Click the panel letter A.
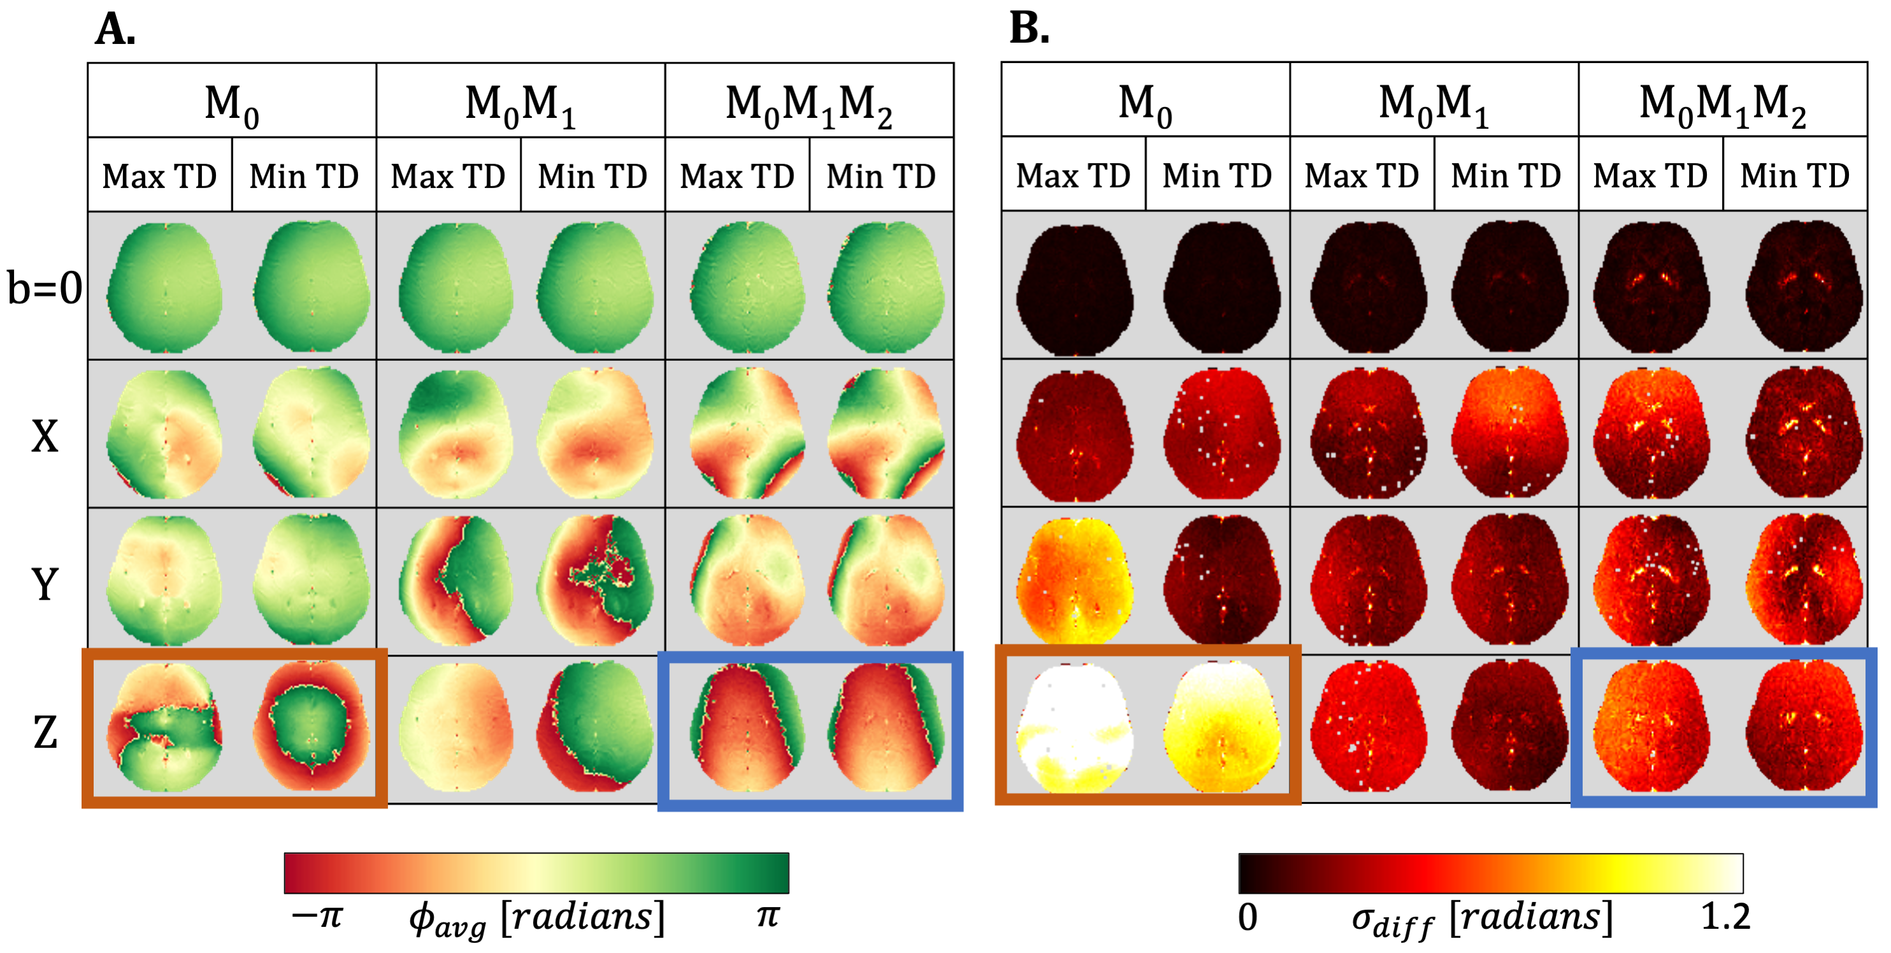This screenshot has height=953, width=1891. point(115,29)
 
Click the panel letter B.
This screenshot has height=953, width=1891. point(1028,29)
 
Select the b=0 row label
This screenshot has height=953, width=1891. point(44,287)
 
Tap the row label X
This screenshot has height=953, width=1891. point(44,436)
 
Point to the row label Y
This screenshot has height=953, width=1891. point(44,585)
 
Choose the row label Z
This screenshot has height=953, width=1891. point(44,732)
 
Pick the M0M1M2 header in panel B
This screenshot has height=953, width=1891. point(1722,103)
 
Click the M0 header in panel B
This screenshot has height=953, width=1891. point(1144,103)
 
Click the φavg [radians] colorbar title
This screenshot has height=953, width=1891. point(536,919)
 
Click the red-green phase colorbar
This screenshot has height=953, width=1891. point(536,872)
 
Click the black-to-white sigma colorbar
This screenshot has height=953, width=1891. point(1490,873)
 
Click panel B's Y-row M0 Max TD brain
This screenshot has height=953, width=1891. point(1074,580)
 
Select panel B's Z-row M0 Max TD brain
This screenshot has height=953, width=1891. point(1074,727)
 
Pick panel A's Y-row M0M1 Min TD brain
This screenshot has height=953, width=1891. point(594,580)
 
